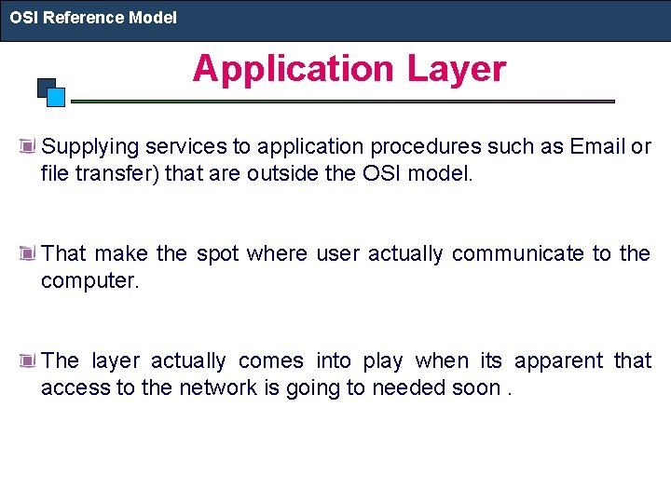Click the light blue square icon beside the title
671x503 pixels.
56,96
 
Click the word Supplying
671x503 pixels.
90,146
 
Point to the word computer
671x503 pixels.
88,280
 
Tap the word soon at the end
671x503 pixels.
475,387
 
